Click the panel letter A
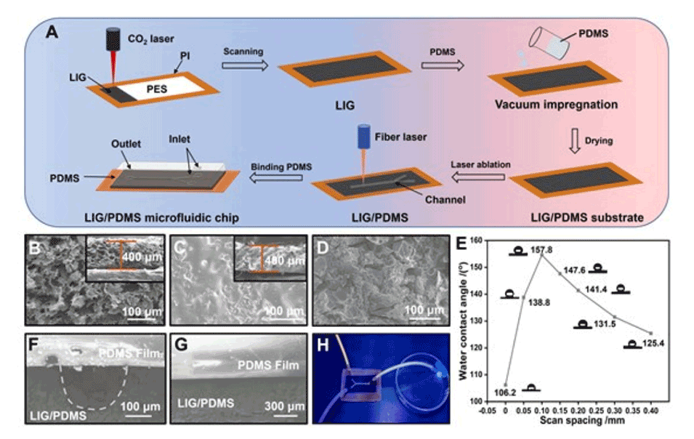52,31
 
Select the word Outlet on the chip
124,145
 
